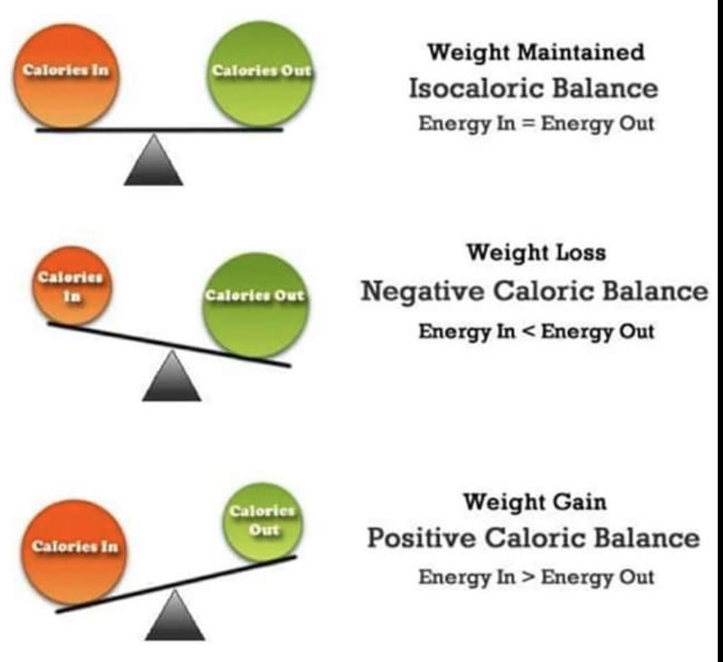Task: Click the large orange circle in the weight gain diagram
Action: tap(74, 551)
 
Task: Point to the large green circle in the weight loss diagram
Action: tap(254, 303)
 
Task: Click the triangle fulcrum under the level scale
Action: tap(154, 161)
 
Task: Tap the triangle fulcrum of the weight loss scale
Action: tap(171, 379)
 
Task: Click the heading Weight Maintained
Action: tap(536, 53)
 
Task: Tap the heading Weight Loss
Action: tap(536, 252)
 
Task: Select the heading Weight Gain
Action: tap(534, 501)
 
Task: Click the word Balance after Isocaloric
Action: tap(605, 89)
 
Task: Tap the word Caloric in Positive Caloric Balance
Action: tap(540, 538)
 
